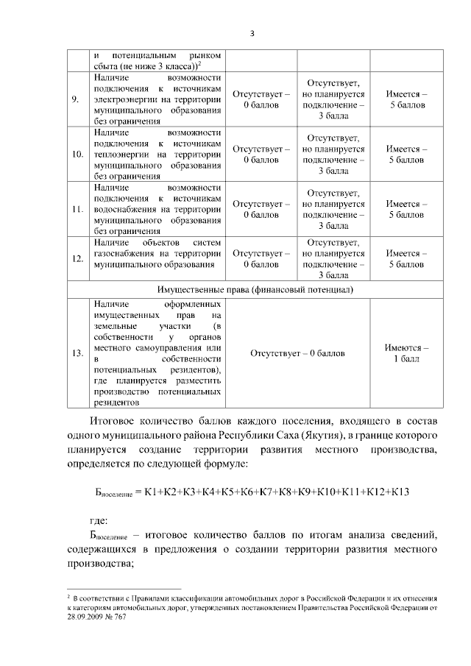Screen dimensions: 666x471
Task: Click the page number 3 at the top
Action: [x=252, y=33]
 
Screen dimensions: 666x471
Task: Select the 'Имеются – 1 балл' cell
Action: [x=406, y=353]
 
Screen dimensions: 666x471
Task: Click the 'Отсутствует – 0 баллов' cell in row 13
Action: [x=297, y=353]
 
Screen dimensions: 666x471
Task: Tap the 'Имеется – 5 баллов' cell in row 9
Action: [x=406, y=100]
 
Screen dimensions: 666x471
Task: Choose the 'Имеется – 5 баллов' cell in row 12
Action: [x=406, y=258]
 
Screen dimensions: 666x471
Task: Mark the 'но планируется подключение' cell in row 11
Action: [x=333, y=210]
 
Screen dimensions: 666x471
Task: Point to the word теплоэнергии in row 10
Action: [x=121, y=155]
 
